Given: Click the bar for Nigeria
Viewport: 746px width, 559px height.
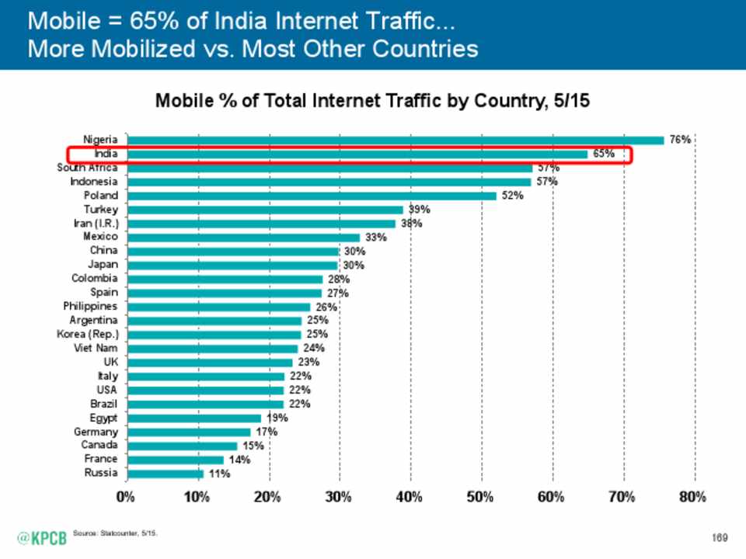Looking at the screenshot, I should click(395, 141).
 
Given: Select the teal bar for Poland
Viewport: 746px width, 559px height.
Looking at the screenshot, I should click(311, 196).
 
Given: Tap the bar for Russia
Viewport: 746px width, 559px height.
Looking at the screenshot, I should click(164, 474).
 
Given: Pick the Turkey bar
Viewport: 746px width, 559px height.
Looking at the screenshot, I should click(264, 210).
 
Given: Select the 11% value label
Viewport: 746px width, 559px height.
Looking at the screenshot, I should click(219, 474).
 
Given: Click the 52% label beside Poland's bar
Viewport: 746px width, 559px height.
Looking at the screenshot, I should click(512, 196).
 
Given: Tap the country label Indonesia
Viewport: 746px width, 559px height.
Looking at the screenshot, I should click(94, 182).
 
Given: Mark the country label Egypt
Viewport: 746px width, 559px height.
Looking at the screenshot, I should click(103, 418).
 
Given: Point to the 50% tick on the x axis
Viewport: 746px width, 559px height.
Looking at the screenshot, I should click(481, 497).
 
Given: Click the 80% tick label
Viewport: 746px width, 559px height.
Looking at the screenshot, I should click(693, 497).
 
